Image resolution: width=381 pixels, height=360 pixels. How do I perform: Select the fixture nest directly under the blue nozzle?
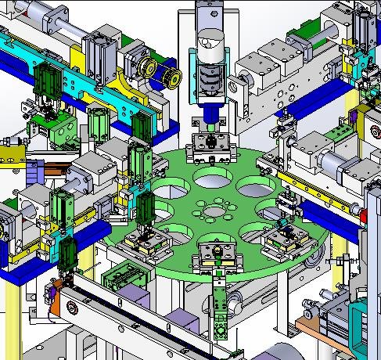coord(209,144)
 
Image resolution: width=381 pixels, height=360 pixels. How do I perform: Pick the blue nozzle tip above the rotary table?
coord(210,117)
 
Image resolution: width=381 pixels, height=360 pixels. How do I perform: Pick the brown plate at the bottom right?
coord(314,311)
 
